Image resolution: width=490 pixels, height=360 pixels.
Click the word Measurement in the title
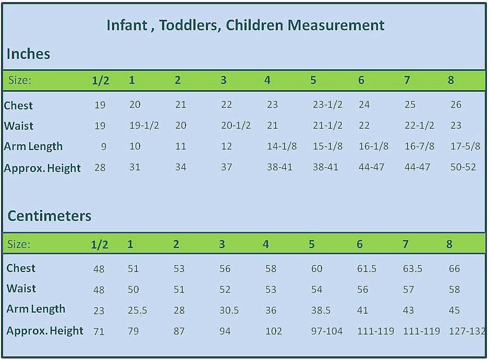pyautogui.click(x=336, y=25)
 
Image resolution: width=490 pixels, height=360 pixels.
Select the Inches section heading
pyautogui.click(x=28, y=54)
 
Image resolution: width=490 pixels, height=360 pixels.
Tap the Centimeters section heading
pyautogui.click(x=50, y=216)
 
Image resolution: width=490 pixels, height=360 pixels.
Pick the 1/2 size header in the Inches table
pyautogui.click(x=100, y=81)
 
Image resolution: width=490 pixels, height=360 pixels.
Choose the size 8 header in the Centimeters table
pyautogui.click(x=449, y=244)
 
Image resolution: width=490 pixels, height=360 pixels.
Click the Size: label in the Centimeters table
pyautogui.click(x=19, y=244)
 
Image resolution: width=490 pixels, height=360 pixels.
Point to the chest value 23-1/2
pyautogui.click(x=327, y=104)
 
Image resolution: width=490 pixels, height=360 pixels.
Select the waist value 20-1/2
pyautogui.click(x=236, y=125)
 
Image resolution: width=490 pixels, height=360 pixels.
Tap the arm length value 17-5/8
pyautogui.click(x=465, y=146)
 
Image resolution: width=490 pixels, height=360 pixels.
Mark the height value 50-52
pyautogui.click(x=463, y=167)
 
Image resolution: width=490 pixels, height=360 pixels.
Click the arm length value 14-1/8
pyautogui.click(x=281, y=146)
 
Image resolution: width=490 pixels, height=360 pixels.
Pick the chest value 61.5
pyautogui.click(x=366, y=268)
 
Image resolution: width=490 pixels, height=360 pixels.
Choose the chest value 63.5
pyautogui.click(x=412, y=268)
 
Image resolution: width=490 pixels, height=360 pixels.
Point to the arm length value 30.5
pyautogui.click(x=229, y=310)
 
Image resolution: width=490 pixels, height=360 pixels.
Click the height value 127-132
pyautogui.click(x=467, y=331)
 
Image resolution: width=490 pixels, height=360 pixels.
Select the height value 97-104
pyautogui.click(x=326, y=331)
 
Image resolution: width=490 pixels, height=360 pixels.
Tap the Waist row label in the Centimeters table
pyautogui.click(x=21, y=288)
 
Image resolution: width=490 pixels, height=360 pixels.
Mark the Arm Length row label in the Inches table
pyautogui.click(x=33, y=146)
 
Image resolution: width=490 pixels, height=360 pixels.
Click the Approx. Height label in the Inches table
pyautogui.click(x=42, y=168)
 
